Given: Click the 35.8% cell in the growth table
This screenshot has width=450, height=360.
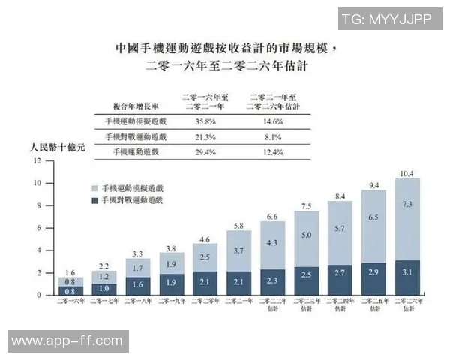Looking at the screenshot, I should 205,121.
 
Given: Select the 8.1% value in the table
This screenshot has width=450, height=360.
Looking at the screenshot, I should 273,137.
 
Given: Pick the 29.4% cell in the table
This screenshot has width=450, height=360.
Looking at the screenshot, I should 205,153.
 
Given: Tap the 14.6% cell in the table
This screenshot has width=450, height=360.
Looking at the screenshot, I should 273,121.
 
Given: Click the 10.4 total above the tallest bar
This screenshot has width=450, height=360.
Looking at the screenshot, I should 405,173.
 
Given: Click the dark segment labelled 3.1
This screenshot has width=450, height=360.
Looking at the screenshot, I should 405,278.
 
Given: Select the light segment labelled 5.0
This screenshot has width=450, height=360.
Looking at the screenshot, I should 306,235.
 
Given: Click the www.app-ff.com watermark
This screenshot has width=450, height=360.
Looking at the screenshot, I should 67,341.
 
